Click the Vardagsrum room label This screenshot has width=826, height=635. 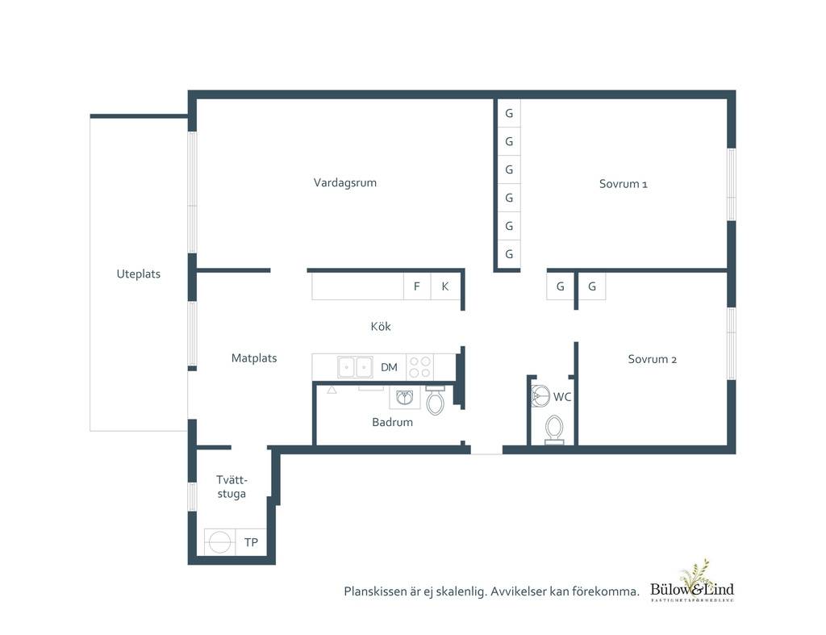click(345, 183)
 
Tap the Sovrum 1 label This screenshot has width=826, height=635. click(624, 184)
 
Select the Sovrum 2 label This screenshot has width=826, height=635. click(652, 359)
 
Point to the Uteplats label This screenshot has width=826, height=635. click(139, 274)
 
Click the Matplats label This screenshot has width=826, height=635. click(254, 358)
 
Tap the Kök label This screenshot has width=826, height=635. click(381, 326)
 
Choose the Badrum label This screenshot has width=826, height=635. click(393, 422)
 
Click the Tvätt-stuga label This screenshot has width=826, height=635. click(232, 487)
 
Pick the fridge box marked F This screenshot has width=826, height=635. click(417, 286)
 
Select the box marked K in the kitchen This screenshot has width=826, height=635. click(445, 286)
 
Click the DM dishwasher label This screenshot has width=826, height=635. click(390, 367)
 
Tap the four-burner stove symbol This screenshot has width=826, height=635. click(419, 367)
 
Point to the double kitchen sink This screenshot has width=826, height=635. click(355, 367)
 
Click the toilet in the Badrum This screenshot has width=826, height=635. click(435, 401)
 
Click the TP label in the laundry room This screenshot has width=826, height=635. click(252, 542)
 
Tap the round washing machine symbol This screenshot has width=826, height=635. click(219, 541)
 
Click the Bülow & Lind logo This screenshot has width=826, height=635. click(692, 582)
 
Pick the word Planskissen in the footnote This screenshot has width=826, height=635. click(376, 591)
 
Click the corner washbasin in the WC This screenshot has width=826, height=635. click(540, 395)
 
